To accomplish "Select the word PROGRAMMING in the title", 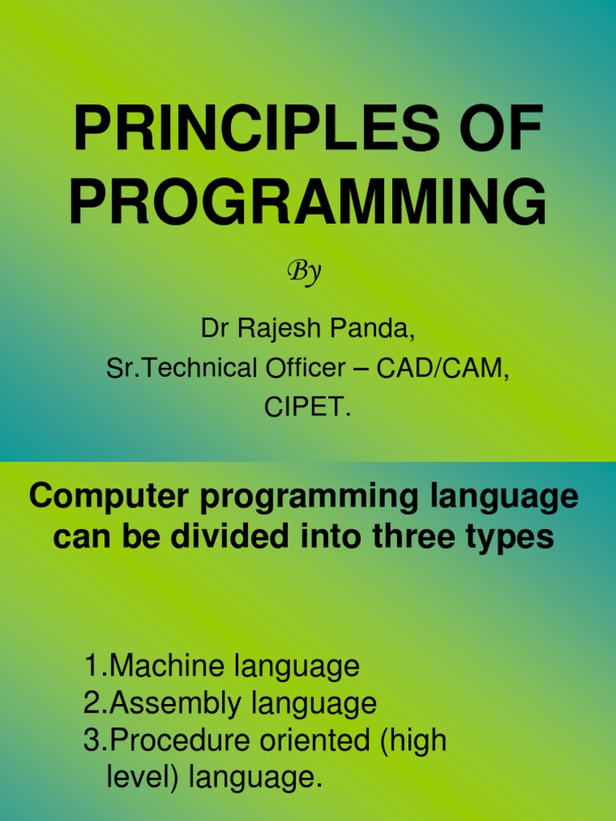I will click(308, 203).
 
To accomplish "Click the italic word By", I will click(305, 273).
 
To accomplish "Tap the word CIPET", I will click(308, 407).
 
